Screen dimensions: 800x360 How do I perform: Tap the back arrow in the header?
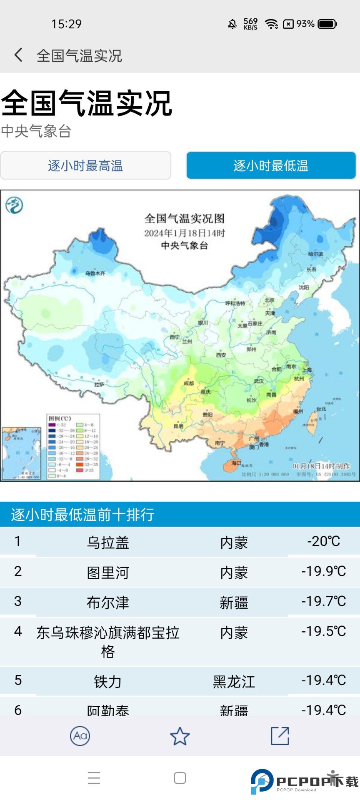[x=18, y=55]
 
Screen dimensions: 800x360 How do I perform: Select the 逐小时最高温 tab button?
[x=85, y=166]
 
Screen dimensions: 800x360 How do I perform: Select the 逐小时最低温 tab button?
[x=271, y=166]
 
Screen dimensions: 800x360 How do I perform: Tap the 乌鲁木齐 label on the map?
[x=95, y=273]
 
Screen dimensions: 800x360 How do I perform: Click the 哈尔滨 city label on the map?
[x=315, y=254]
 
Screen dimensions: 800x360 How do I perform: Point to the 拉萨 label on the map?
[x=99, y=385]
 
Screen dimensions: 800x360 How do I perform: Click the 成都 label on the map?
[x=188, y=383]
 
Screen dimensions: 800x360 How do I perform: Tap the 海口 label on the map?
[x=236, y=463]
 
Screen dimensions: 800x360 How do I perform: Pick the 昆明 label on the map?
[x=178, y=426]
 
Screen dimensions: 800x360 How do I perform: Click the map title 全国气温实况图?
[x=185, y=218]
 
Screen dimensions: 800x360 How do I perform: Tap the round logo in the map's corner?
[x=14, y=205]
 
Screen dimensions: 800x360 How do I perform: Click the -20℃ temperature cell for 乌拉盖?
[x=323, y=541]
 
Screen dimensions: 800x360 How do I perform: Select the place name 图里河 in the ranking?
[x=108, y=572]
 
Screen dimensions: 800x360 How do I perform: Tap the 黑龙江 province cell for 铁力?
[x=234, y=682]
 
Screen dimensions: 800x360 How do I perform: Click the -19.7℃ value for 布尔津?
[x=323, y=601]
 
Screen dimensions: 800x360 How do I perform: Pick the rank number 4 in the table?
[x=18, y=631]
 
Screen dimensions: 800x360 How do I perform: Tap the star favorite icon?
[x=180, y=736]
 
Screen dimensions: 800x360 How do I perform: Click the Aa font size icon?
[x=80, y=736]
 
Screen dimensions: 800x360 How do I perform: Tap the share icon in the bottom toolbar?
[x=280, y=736]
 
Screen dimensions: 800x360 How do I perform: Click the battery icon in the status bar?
[x=327, y=24]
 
